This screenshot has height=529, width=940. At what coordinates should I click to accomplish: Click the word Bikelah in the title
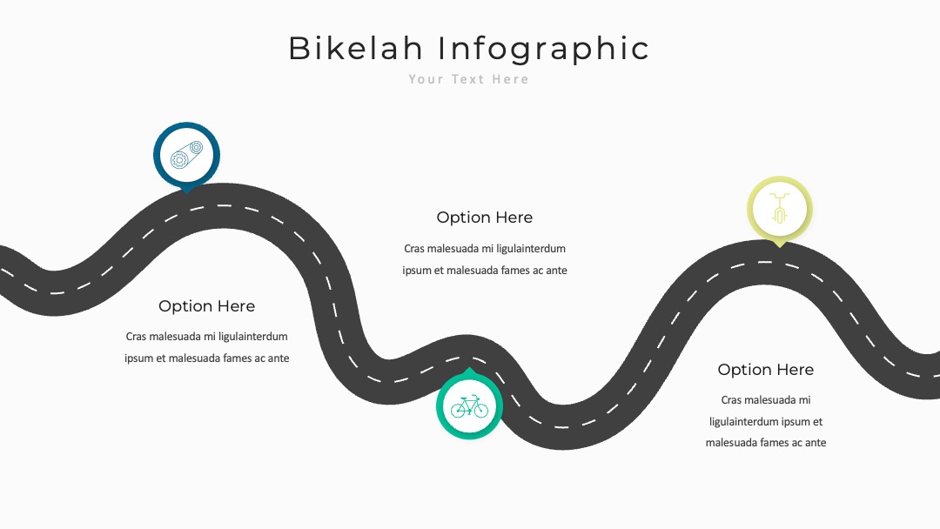point(356,48)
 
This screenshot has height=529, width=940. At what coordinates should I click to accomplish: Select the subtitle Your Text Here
point(469,79)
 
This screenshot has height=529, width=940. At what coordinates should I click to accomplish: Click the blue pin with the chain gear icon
point(186,156)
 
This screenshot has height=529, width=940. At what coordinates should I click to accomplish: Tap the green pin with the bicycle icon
point(469,405)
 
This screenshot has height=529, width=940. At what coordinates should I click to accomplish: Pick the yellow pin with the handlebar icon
point(779,210)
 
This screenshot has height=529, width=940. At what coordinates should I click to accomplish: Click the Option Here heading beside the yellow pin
point(766,370)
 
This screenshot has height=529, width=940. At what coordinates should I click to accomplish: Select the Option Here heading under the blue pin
point(207,306)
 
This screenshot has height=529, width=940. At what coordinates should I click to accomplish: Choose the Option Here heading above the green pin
point(485,218)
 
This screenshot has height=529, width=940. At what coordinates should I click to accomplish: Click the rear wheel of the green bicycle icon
point(459,411)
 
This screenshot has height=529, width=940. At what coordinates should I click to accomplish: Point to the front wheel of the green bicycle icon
point(480,411)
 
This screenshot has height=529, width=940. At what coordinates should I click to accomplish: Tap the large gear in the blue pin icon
point(179,159)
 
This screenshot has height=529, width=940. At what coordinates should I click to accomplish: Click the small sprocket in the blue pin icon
point(196,147)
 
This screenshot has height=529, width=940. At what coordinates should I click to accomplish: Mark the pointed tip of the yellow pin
point(779,247)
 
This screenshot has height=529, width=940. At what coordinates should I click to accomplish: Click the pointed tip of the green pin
point(469,368)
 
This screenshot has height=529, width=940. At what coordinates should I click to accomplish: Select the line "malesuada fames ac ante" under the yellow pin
point(766,443)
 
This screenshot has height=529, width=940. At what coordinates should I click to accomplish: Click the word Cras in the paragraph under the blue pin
point(136,337)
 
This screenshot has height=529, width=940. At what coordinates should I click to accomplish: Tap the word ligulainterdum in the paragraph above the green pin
point(531,249)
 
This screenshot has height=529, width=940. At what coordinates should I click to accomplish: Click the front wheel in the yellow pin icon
point(779,215)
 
